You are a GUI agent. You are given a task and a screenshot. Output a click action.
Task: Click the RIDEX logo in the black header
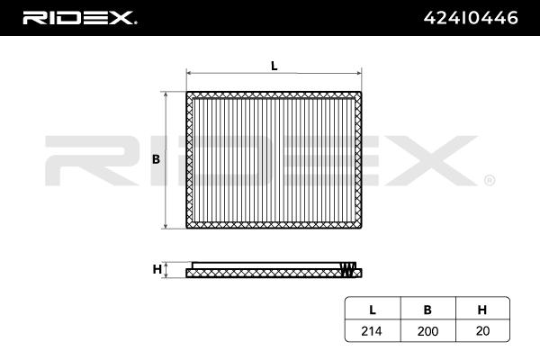coord(79,18)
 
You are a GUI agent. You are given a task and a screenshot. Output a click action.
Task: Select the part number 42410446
coord(471,18)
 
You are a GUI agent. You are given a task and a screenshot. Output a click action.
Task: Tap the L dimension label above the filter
coord(274,66)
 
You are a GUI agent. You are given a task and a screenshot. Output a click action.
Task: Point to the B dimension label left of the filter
coord(156,159)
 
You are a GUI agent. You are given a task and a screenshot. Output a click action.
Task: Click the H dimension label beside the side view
coord(157,269)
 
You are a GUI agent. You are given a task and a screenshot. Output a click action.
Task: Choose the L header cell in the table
coord(373,310)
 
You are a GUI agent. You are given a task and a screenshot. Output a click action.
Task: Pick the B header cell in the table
coord(427,310)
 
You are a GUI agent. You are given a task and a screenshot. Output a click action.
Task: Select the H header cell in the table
coord(482,310)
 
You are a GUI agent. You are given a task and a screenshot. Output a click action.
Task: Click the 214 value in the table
coord(371,331)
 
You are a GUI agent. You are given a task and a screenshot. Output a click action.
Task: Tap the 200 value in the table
coord(427,331)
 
